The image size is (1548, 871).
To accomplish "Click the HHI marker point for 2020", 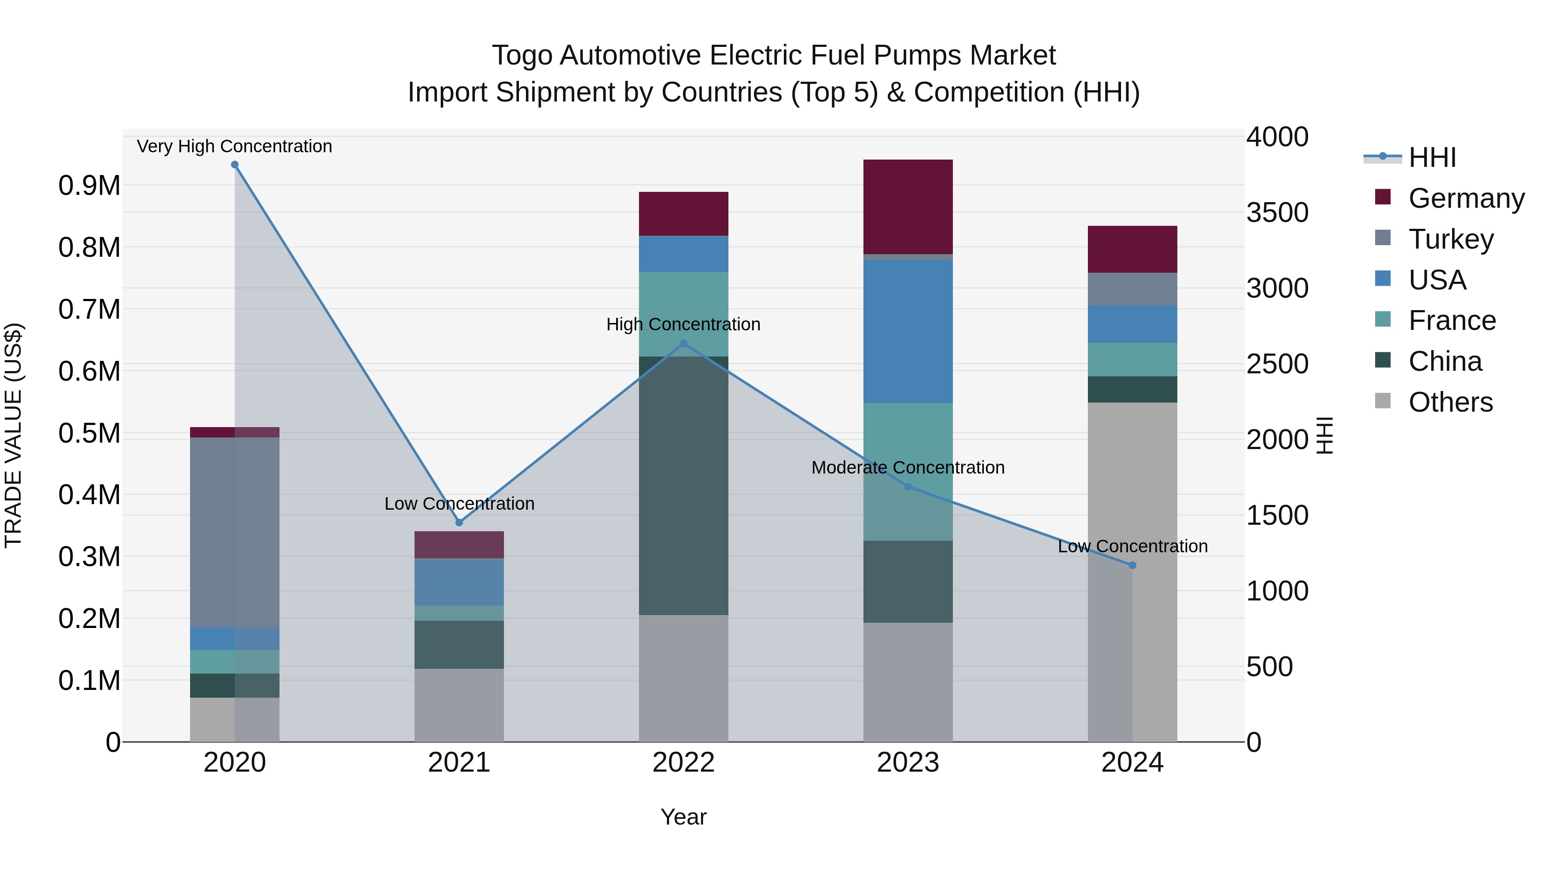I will (x=235, y=165).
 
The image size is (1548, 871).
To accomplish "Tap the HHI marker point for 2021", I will (x=459, y=522).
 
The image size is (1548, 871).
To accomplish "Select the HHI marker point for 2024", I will (x=1132, y=565).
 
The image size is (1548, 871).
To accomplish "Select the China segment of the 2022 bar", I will (x=683, y=485).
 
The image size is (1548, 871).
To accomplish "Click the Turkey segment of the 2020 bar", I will (x=235, y=532).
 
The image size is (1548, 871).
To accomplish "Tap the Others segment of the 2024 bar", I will (x=1132, y=571).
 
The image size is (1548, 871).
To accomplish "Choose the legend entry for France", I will (x=1451, y=320).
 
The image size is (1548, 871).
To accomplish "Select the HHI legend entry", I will (x=1431, y=157).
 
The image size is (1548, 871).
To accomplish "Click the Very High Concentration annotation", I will (x=234, y=146).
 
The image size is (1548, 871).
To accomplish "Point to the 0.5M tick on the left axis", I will (x=89, y=434).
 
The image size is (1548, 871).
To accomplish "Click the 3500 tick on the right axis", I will (x=1277, y=213).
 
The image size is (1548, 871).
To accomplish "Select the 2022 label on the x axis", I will (x=683, y=762).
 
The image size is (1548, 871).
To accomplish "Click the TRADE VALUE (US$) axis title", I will (x=13, y=435).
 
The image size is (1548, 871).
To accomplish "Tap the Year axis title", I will (x=683, y=817).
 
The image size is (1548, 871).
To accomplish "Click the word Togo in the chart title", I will (x=522, y=55).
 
